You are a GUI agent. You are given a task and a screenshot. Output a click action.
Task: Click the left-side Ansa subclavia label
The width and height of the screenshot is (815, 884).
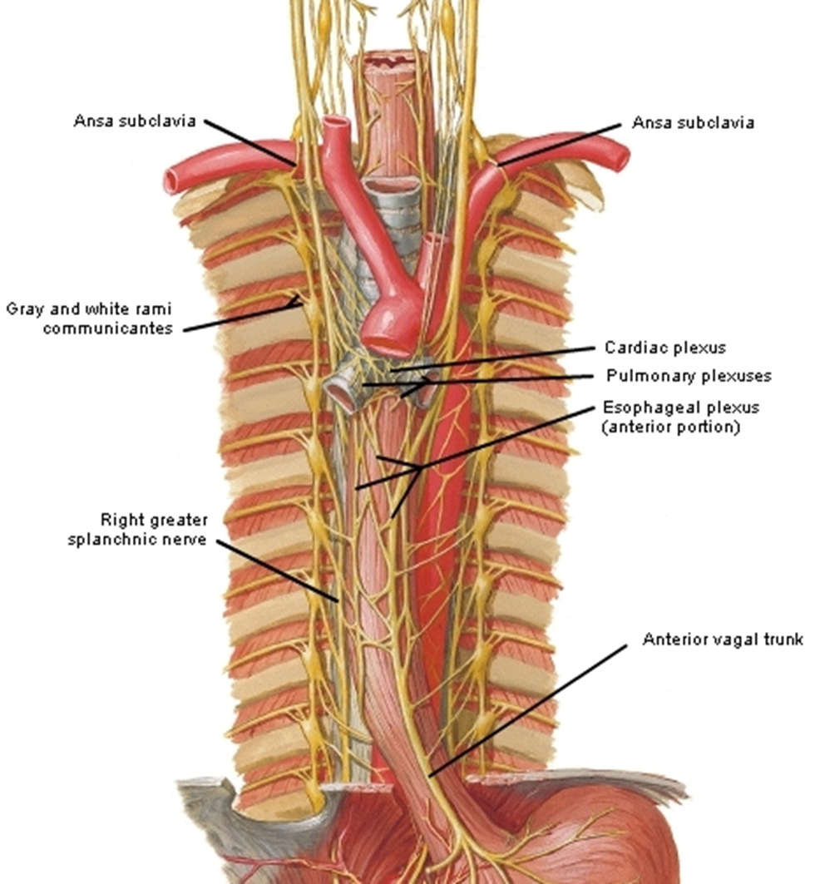tap(135, 121)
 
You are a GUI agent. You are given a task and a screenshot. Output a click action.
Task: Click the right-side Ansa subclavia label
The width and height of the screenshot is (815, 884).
tap(693, 122)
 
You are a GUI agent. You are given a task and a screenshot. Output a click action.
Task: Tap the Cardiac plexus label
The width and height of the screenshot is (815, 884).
tap(665, 348)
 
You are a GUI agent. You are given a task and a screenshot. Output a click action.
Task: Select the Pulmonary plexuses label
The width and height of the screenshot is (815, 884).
tap(689, 376)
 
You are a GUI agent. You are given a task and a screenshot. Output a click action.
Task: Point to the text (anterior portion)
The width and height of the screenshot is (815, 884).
tap(671, 427)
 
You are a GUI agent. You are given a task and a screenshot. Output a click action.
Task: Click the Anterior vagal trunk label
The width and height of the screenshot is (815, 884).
tap(723, 640)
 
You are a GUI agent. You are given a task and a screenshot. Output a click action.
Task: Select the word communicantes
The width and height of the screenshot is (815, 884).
tap(107, 328)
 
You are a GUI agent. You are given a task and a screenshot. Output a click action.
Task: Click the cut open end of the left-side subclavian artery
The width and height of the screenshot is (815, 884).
tap(171, 180)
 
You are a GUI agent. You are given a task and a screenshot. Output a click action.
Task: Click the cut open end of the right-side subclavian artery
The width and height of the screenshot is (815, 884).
tap(620, 158)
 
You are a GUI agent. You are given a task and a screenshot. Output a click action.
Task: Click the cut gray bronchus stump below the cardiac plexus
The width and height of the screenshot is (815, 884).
tap(341, 393)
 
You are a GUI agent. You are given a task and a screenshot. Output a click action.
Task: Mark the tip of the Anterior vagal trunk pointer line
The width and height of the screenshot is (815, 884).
tap(429, 777)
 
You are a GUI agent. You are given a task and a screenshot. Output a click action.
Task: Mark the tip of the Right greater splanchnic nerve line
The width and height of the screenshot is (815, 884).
tap(338, 601)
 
